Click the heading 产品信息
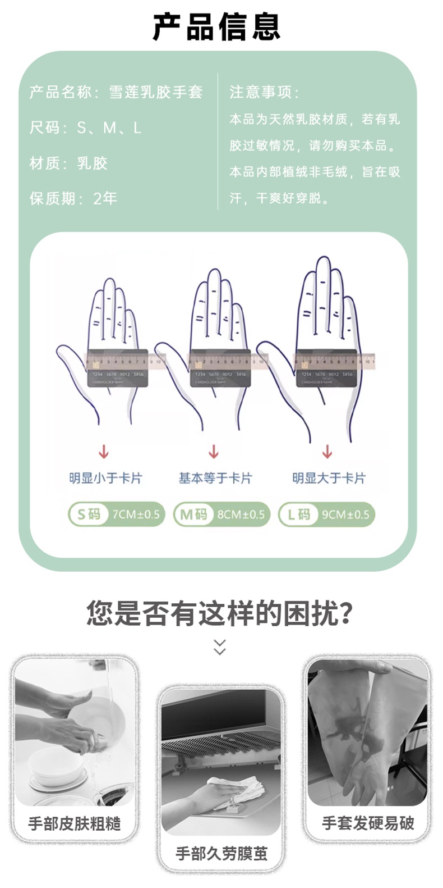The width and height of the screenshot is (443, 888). point(216,27)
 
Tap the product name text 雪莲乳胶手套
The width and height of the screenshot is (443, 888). point(155,92)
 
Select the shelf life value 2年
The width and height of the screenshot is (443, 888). point(105,198)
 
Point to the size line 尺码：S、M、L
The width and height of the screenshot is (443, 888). point(85,128)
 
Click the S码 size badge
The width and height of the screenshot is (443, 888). point(88,514)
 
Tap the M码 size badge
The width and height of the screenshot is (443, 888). point(193,514)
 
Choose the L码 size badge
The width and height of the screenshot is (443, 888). point(298,514)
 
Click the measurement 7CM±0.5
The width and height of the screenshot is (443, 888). point(136,514)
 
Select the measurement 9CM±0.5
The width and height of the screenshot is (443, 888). point(345,514)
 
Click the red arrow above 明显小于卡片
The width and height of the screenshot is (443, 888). point(104,452)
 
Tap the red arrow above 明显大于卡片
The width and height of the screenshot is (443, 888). point(327,452)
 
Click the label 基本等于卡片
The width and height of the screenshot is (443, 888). point(215,478)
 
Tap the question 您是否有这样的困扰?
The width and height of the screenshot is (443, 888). point(220,612)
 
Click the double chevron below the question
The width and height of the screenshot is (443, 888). point(220,646)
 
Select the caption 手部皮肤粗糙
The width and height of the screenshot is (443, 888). point(75,824)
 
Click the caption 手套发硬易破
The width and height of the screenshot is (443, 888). point(368,823)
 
